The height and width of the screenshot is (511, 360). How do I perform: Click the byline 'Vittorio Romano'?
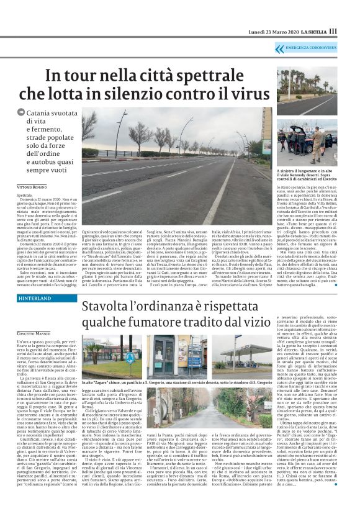click(x=30, y=187)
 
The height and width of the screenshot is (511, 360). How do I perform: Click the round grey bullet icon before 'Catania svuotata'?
click(x=20, y=112)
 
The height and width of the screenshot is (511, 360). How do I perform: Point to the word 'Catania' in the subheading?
click(x=44, y=114)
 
